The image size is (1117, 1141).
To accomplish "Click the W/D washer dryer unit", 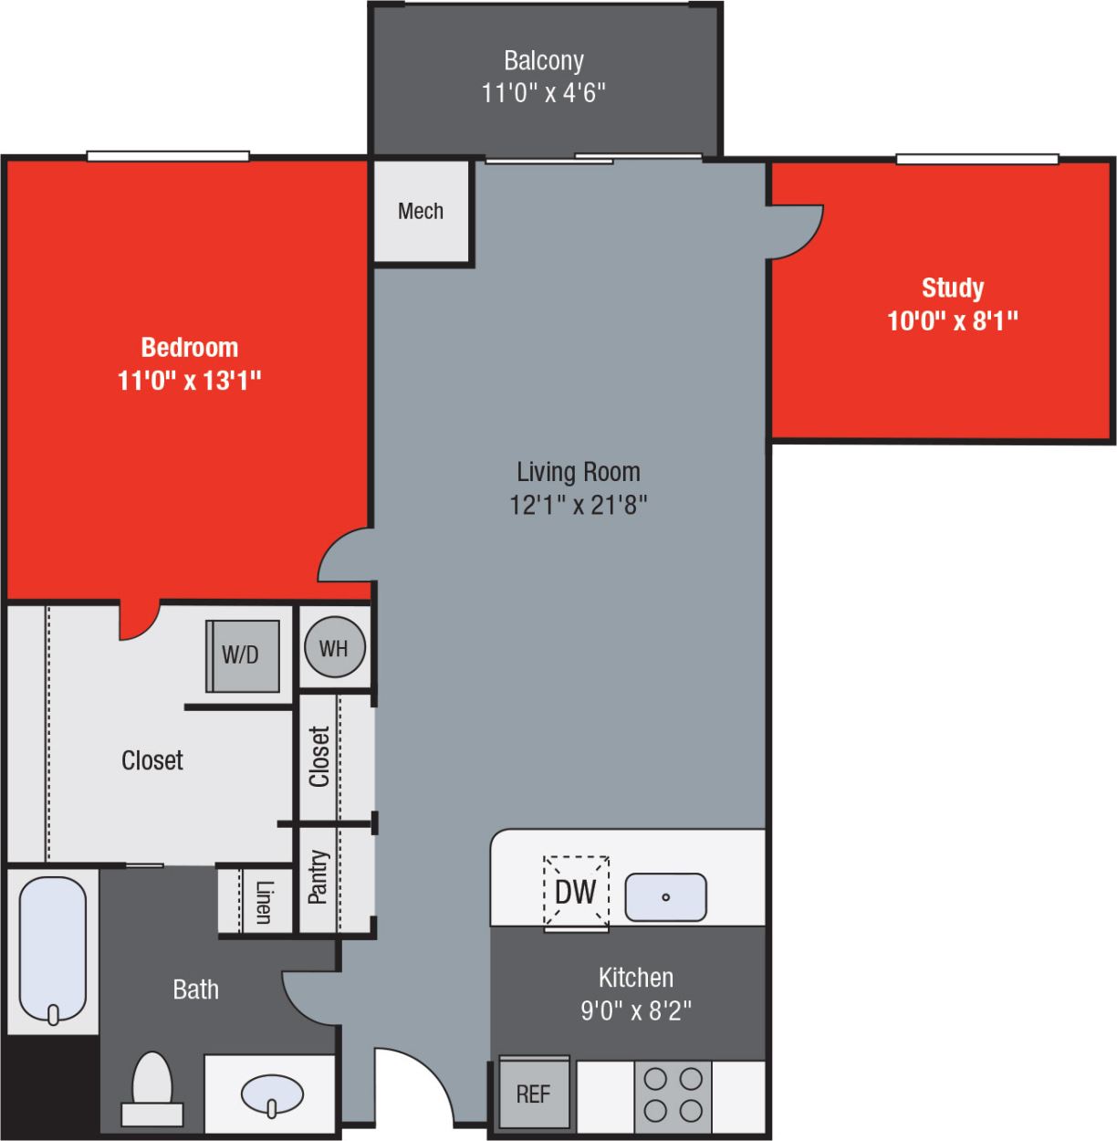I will tap(242, 655).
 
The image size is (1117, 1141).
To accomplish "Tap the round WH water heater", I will tap(334, 648).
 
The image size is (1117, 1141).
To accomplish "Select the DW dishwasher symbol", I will tap(576, 892).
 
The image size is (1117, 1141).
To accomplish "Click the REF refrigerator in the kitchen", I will tap(534, 1094).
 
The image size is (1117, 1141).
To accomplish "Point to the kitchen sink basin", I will tap(665, 896).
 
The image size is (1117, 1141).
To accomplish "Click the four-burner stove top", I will tap(673, 1094).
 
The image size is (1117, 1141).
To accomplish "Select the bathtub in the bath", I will tap(53, 949).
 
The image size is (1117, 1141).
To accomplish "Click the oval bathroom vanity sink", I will tap(272, 1094).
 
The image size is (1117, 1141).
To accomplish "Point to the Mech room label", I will tap(421, 212).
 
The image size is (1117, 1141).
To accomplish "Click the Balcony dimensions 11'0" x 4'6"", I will tap(544, 93).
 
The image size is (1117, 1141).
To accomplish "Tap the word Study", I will tap(953, 288).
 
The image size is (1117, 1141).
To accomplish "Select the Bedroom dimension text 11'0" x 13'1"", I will tap(190, 380).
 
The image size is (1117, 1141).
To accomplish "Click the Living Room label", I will tap(579, 472).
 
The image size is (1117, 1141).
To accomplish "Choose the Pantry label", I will tap(318, 877).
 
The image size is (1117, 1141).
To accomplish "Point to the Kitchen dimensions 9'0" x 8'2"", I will tap(636, 1010).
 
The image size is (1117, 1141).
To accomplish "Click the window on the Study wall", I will tap(976, 160).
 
